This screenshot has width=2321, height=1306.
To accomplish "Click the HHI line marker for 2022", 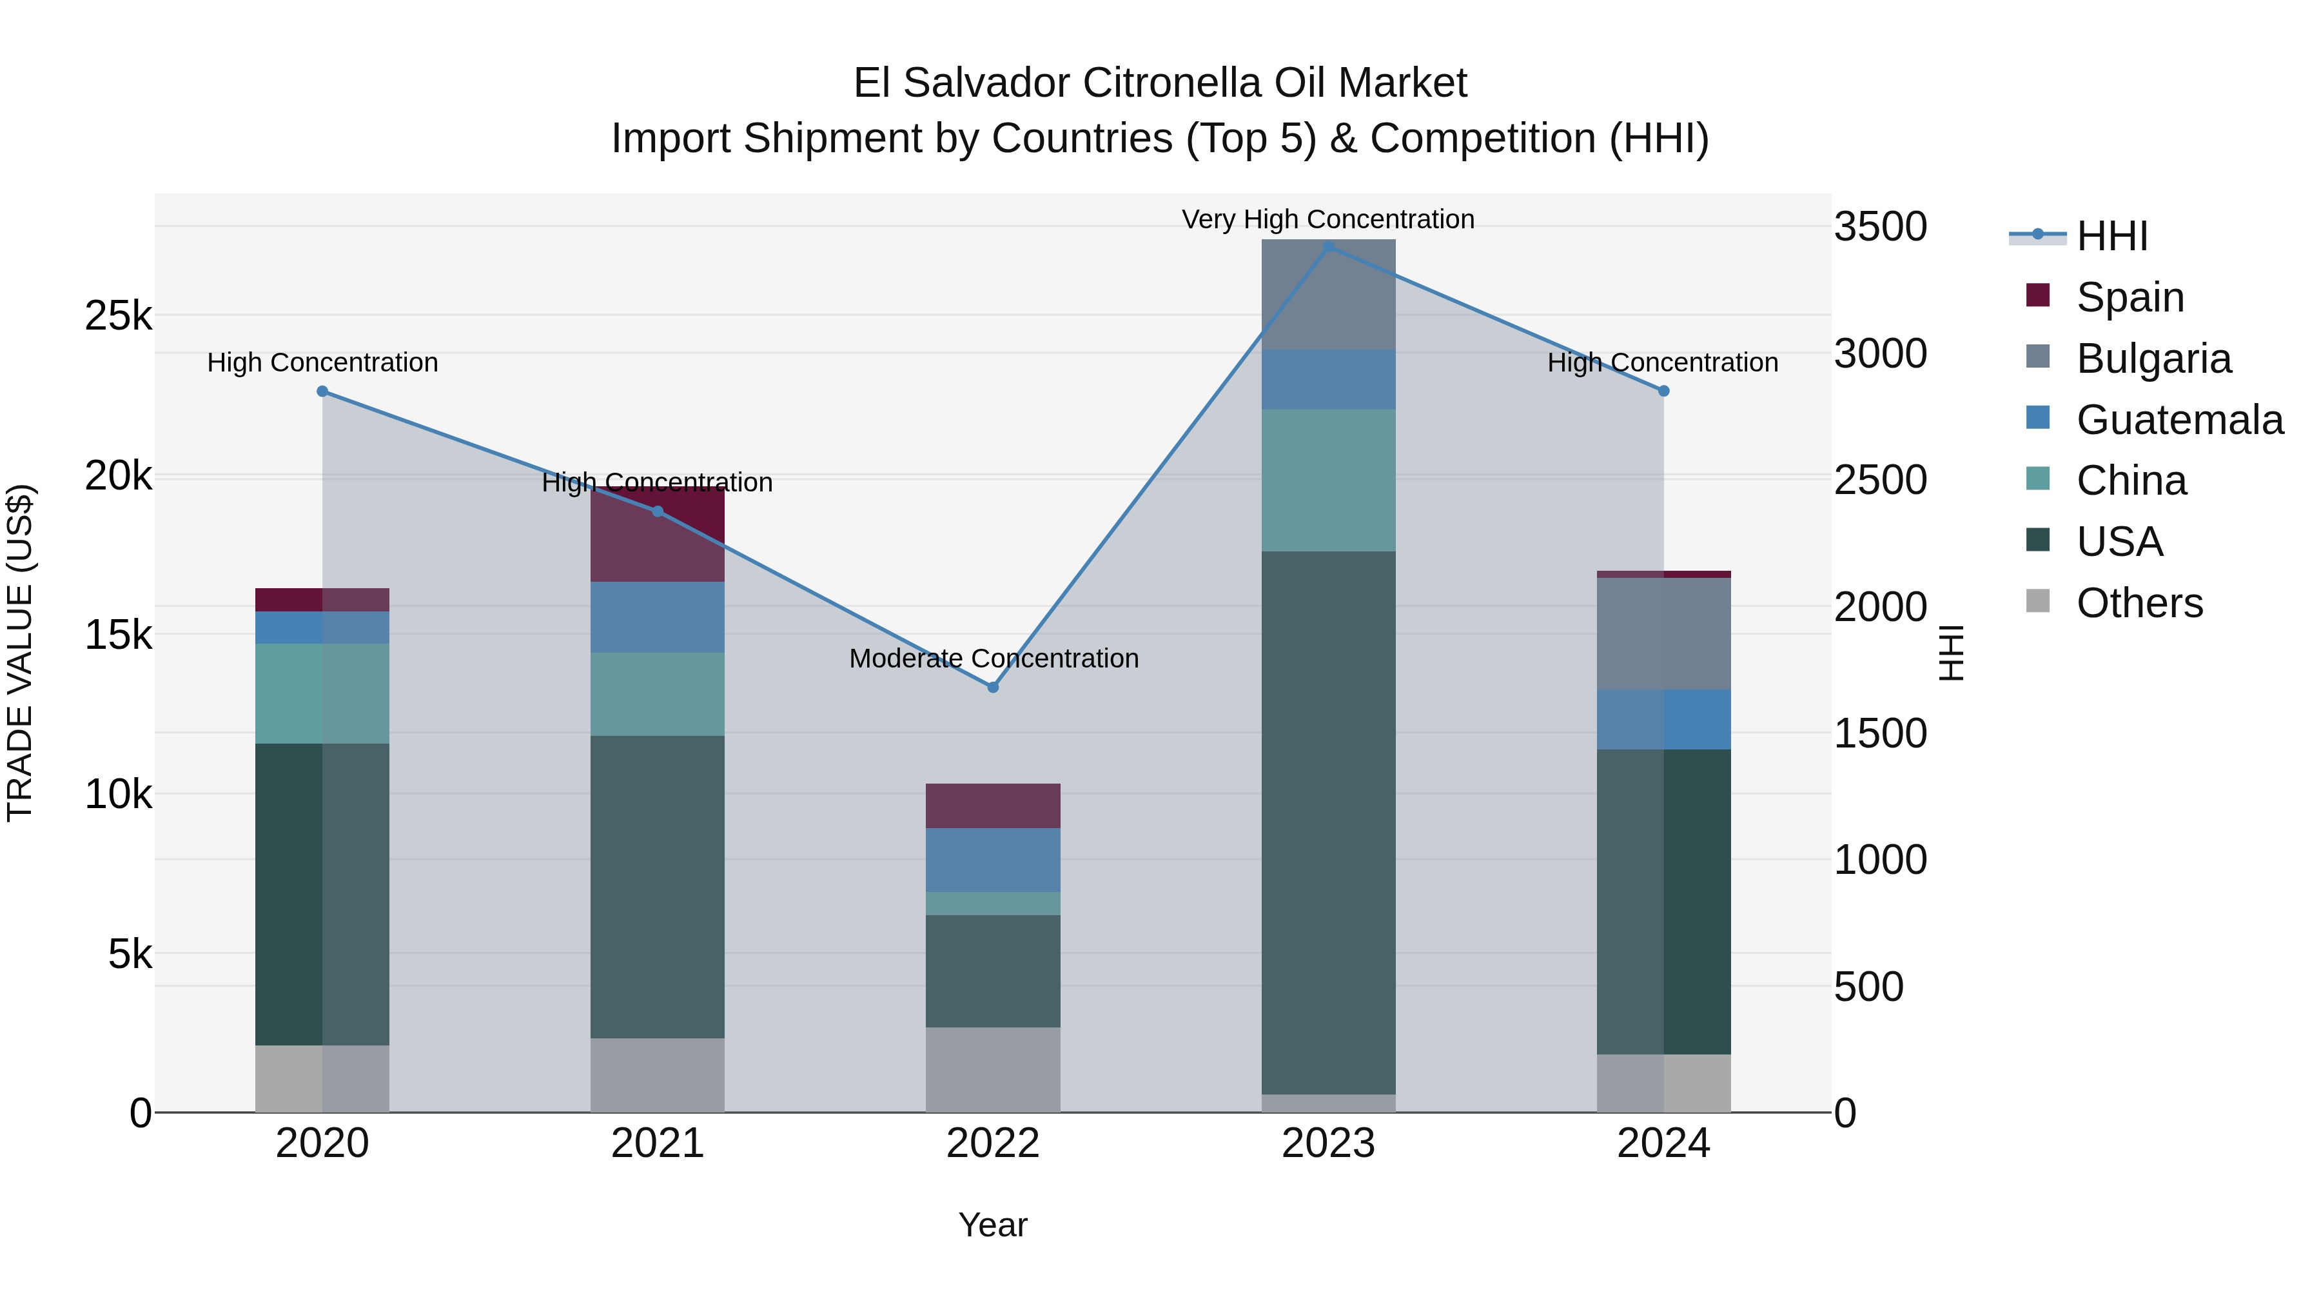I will (993, 687).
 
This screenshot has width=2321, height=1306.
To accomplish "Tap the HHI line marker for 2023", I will (1328, 247).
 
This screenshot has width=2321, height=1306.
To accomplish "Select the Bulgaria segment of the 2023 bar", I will (1328, 295).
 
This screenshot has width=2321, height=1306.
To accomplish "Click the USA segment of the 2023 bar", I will (1328, 822).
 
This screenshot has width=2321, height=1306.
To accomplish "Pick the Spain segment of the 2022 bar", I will (993, 806).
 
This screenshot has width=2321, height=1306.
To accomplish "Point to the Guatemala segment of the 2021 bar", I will (658, 617).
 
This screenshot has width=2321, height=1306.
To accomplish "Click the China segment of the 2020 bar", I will (322, 693).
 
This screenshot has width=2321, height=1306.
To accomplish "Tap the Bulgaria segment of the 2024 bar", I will (1663, 633).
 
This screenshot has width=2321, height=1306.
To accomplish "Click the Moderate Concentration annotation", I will (993, 659).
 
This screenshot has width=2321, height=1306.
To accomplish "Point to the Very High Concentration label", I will (1328, 220).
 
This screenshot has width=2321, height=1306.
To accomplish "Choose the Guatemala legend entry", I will (2179, 420).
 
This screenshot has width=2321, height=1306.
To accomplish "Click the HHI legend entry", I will (2111, 236).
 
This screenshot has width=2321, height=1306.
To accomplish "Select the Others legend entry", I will (2139, 603).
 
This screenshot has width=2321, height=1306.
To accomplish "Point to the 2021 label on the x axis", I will (658, 1143).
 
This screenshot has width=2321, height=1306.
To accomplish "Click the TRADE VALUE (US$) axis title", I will (21, 653).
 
